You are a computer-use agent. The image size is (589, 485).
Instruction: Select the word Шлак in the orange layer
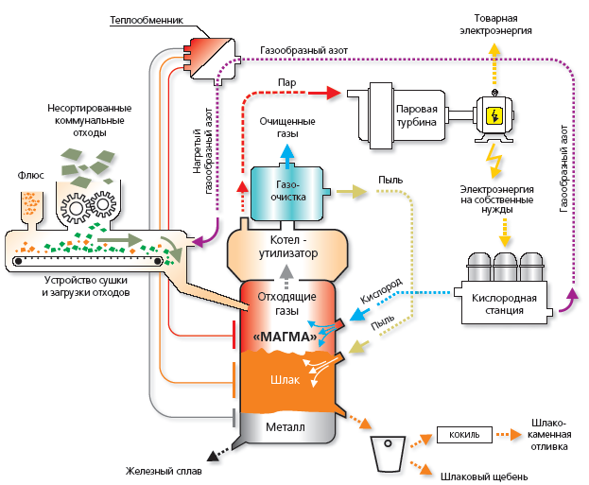coord(284,380)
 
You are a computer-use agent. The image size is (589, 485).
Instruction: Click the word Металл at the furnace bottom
coord(285,426)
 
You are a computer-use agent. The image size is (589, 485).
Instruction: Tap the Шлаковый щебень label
coord(483,476)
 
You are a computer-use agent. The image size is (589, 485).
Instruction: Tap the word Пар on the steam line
coord(287,82)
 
